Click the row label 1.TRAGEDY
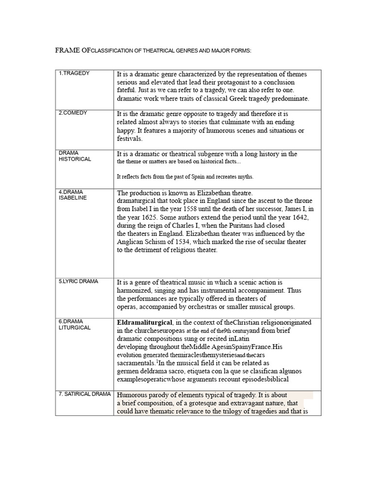pyautogui.click(x=74, y=73)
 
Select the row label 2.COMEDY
pyautogui.click(x=73, y=113)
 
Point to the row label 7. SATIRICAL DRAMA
pyautogui.click(x=85, y=394)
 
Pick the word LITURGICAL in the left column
pyautogui.click(x=75, y=328)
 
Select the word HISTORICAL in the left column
pyautogui.click(x=75, y=159)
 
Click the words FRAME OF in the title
pyautogui.click(x=72, y=50)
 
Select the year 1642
pyautogui.click(x=297, y=217)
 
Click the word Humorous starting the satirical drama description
pyautogui.click(x=134, y=395)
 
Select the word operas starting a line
pyautogui.click(x=128, y=307)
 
